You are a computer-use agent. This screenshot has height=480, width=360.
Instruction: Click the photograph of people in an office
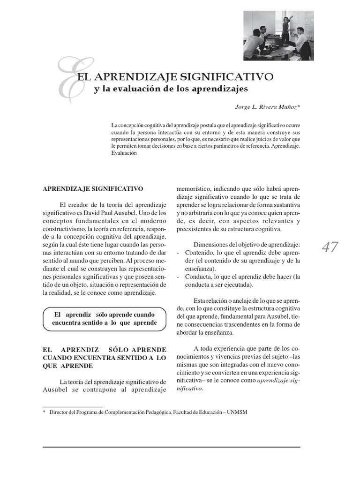pyautogui.click(x=278, y=36)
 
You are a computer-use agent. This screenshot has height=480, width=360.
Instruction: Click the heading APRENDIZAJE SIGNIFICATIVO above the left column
pyautogui.click(x=93, y=189)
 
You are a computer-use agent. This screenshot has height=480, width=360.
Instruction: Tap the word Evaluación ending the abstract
pyautogui.click(x=124, y=153)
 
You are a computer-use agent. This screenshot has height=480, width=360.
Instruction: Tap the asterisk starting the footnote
pyautogui.click(x=44, y=412)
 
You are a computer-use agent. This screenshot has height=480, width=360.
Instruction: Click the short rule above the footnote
pyautogui.click(x=73, y=406)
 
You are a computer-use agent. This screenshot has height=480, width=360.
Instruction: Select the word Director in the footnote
pyautogui.click(x=60, y=412)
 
